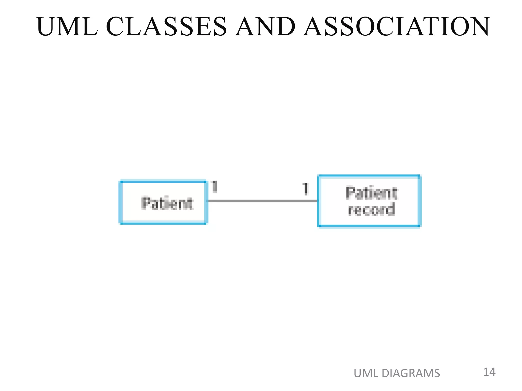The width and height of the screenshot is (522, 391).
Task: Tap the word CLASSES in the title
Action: pos(166,26)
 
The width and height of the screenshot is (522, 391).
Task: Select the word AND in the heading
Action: pos(265,26)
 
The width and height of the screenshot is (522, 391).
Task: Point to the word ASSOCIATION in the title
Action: pos(396,26)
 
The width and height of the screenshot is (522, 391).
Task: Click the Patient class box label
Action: pos(167,203)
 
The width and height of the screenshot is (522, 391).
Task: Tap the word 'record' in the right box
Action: pos(371,210)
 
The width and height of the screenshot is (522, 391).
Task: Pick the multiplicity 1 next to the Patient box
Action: pos(214,187)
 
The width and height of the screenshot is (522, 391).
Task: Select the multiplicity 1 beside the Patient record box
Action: pos(305,189)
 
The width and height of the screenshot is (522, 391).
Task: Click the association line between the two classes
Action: pos(263,201)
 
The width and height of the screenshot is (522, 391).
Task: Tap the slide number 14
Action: pos(489,372)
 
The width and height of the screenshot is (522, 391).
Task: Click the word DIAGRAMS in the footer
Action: pos(411,373)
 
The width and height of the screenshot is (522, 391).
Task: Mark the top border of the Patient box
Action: pos(163,181)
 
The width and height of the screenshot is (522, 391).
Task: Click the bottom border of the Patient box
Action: pos(163,224)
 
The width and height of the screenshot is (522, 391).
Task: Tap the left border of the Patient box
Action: pos(121,202)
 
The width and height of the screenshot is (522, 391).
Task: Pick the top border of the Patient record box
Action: pos(369,176)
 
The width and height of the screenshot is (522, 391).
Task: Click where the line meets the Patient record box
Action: pos(318,201)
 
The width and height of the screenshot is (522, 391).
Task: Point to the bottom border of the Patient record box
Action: pos(369,226)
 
